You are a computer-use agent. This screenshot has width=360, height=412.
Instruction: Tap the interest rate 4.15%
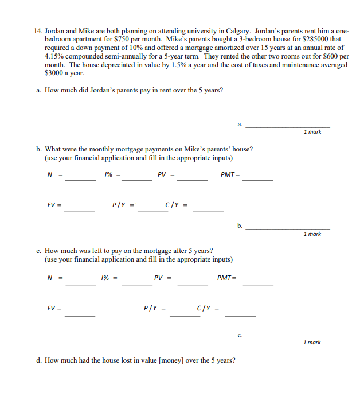pyautogui.click(x=56, y=56)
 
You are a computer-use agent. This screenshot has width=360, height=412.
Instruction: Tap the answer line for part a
pyautogui.click(x=287, y=126)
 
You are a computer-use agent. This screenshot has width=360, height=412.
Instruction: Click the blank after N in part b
pyautogui.click(x=80, y=180)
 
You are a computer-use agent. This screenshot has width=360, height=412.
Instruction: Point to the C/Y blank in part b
pyautogui.click(x=208, y=210)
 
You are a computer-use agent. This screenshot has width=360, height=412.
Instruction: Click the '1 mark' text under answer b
pyautogui.click(x=312, y=234)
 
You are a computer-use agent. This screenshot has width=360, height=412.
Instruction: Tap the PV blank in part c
pyautogui.click(x=192, y=285)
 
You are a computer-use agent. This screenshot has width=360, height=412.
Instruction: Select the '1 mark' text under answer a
pyautogui.click(x=312, y=132)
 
